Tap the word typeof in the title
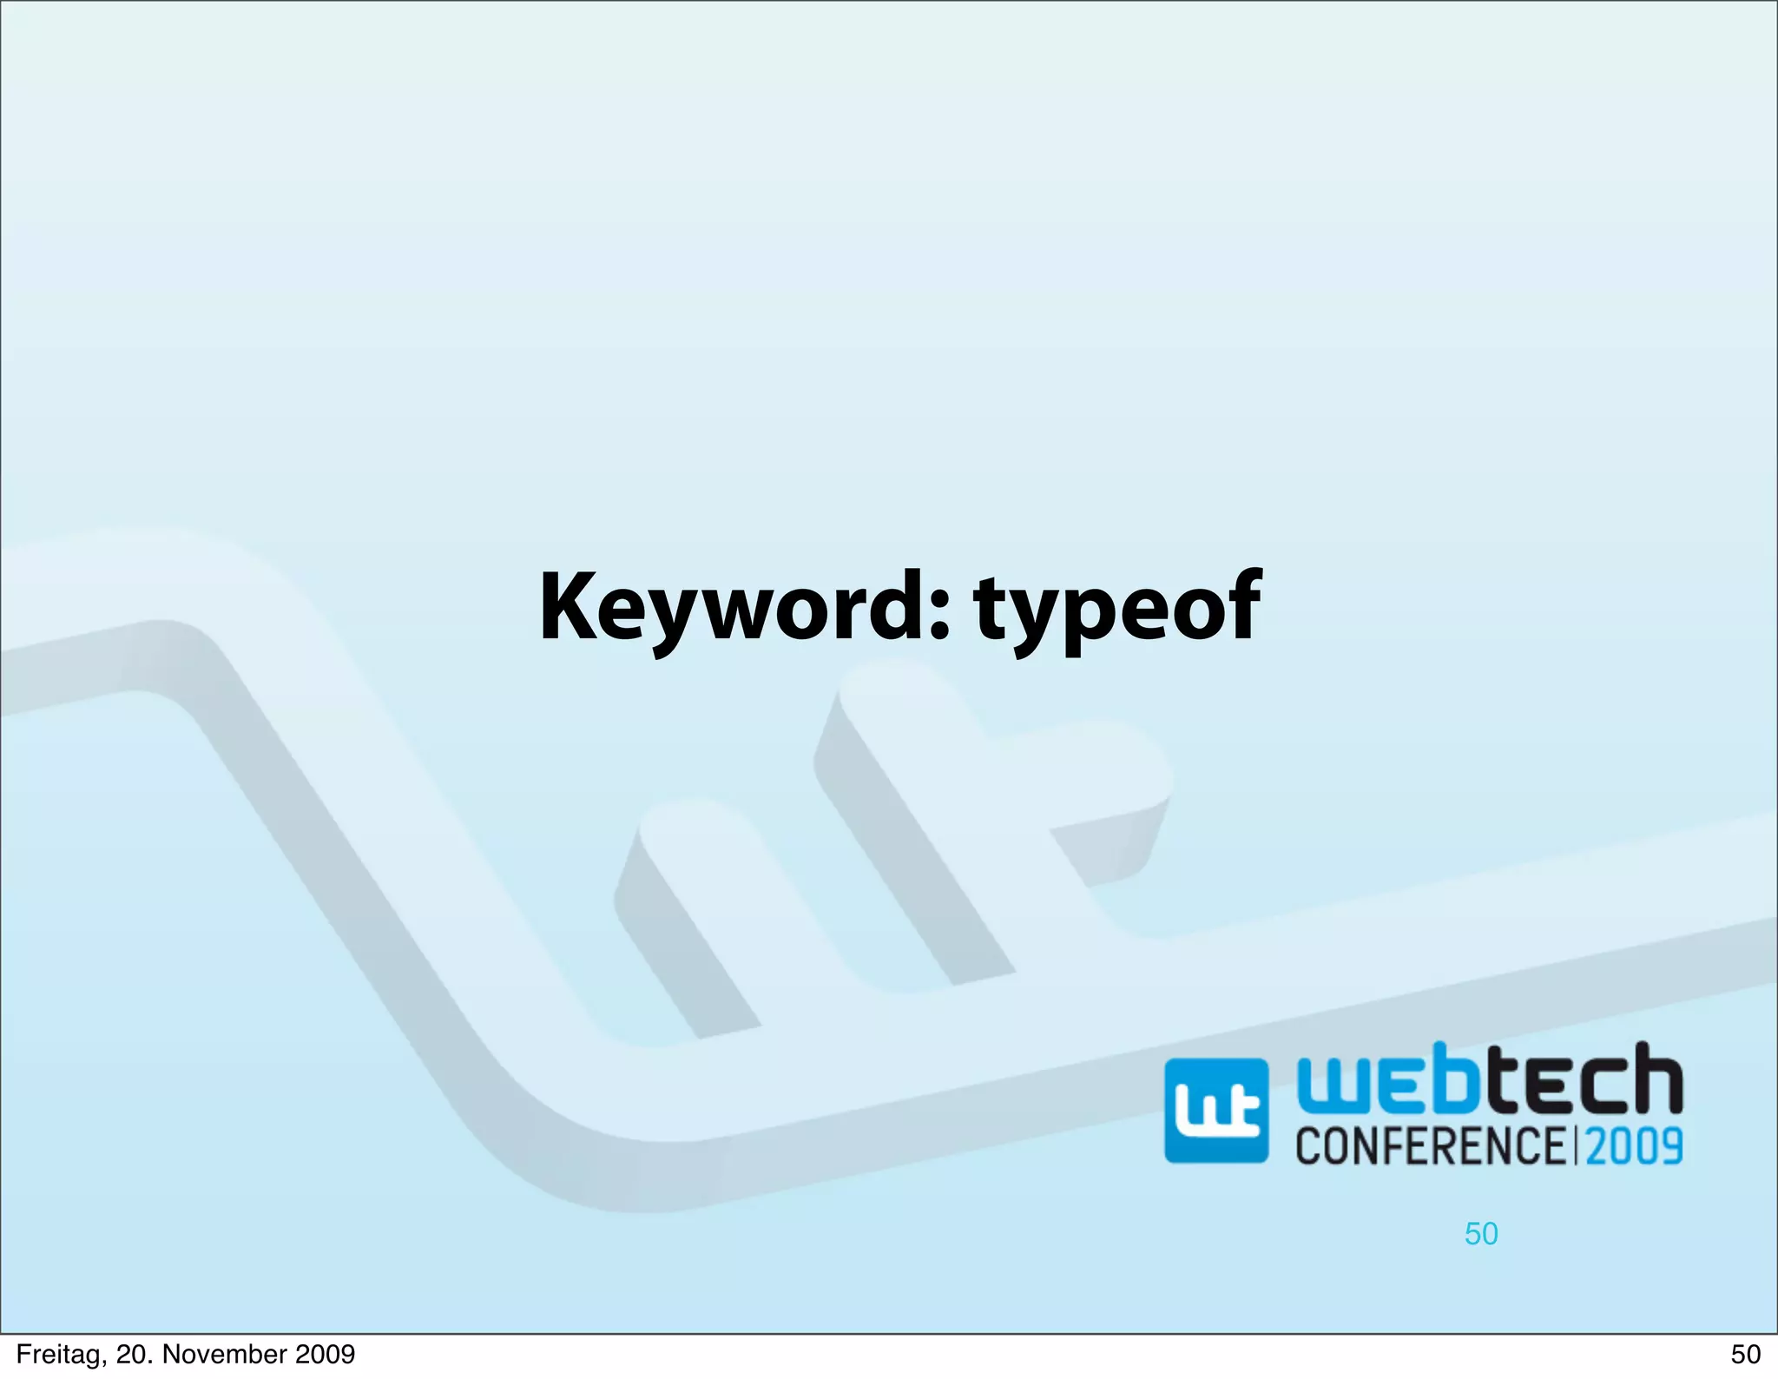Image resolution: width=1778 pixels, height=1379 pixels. point(1117,608)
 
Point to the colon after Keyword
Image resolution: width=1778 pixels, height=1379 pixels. point(940,610)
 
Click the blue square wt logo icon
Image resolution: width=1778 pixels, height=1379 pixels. point(1215,1111)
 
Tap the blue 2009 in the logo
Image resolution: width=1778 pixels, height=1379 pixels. point(1635,1145)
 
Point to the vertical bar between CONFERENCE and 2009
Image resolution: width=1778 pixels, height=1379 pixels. point(1576,1145)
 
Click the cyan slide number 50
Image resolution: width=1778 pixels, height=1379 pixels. point(1481,1234)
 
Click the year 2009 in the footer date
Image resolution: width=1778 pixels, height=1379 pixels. point(325,1355)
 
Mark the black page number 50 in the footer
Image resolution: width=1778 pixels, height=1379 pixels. point(1745,1355)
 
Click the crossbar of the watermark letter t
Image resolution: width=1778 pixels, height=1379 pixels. point(1094,782)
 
